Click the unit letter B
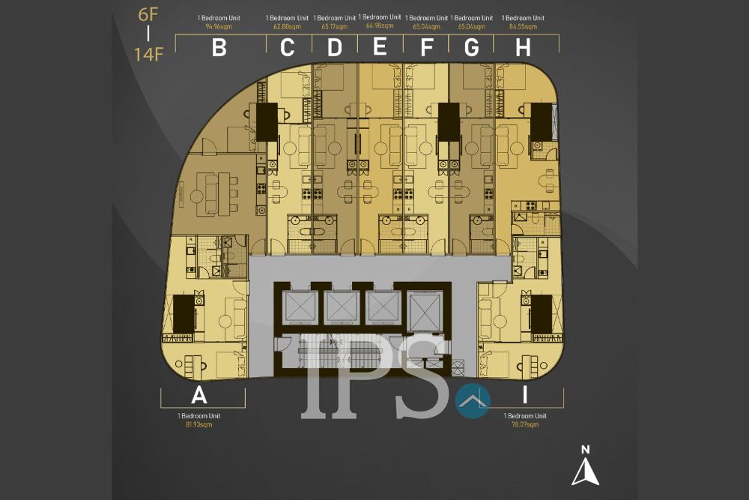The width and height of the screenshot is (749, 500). point(219,47)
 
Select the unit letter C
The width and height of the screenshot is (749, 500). point(287,47)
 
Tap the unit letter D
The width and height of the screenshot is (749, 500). point(334,47)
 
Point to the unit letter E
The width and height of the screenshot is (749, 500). point(380,46)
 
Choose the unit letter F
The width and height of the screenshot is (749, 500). point(427,47)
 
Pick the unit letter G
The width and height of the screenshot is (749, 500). point(472,47)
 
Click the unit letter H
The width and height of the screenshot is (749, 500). point(524,47)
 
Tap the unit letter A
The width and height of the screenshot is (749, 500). point(199,395)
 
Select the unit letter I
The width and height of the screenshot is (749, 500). point(524,395)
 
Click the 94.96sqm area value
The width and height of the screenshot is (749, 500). point(219,26)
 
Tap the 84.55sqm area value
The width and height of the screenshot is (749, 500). point(524,26)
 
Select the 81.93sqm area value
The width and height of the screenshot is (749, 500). point(199,425)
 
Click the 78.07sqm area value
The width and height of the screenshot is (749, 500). point(525,425)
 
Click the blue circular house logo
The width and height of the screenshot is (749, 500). point(472,401)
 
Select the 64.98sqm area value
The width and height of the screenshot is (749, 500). point(380,25)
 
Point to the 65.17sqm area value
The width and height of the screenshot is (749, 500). point(334,26)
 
